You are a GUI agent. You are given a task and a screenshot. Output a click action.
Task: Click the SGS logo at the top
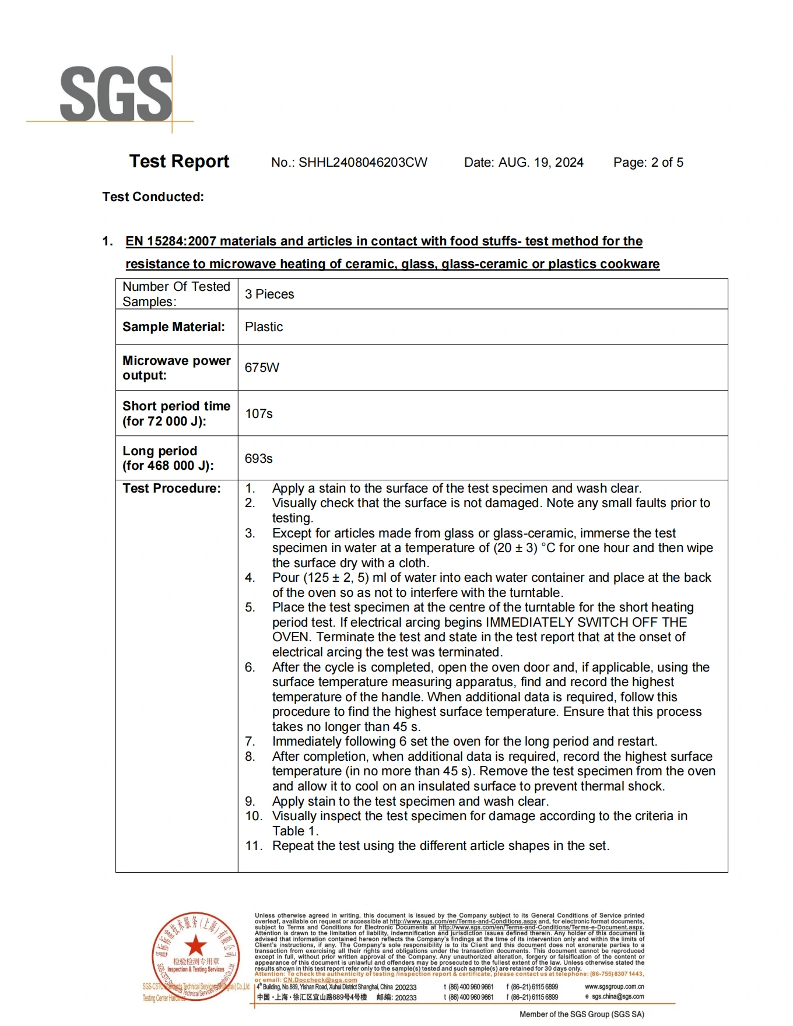coord(116,93)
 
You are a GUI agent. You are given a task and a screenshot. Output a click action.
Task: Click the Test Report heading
coord(179,161)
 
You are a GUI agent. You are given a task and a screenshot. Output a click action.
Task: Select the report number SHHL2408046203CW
coord(363,163)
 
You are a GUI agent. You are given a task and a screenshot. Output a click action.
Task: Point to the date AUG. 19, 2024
coord(541,163)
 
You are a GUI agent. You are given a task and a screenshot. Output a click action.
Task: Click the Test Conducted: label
coord(153,197)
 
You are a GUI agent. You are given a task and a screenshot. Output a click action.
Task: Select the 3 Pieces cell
coord(269,294)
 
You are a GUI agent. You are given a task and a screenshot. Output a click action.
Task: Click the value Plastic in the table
coord(264,327)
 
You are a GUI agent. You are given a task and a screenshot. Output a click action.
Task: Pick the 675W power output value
coord(262,368)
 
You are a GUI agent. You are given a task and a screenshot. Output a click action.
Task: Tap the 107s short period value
coord(259,414)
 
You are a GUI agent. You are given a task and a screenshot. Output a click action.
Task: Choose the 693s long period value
coord(259,459)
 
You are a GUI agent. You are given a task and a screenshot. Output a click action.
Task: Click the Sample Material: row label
coord(173,327)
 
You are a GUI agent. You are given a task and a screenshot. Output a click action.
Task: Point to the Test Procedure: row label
coord(171,489)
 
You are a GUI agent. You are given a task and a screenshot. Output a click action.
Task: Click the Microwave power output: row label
coord(176,368)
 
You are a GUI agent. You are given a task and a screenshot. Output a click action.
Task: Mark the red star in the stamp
coord(196,946)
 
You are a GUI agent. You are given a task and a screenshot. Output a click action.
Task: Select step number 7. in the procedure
coord(250,742)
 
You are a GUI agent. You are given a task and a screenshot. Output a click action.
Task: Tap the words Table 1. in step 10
coord(295,831)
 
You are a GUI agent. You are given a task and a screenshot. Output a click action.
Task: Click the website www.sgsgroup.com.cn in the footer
coord(614,987)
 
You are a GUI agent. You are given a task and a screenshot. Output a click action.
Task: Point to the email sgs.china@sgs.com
coord(617,997)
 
